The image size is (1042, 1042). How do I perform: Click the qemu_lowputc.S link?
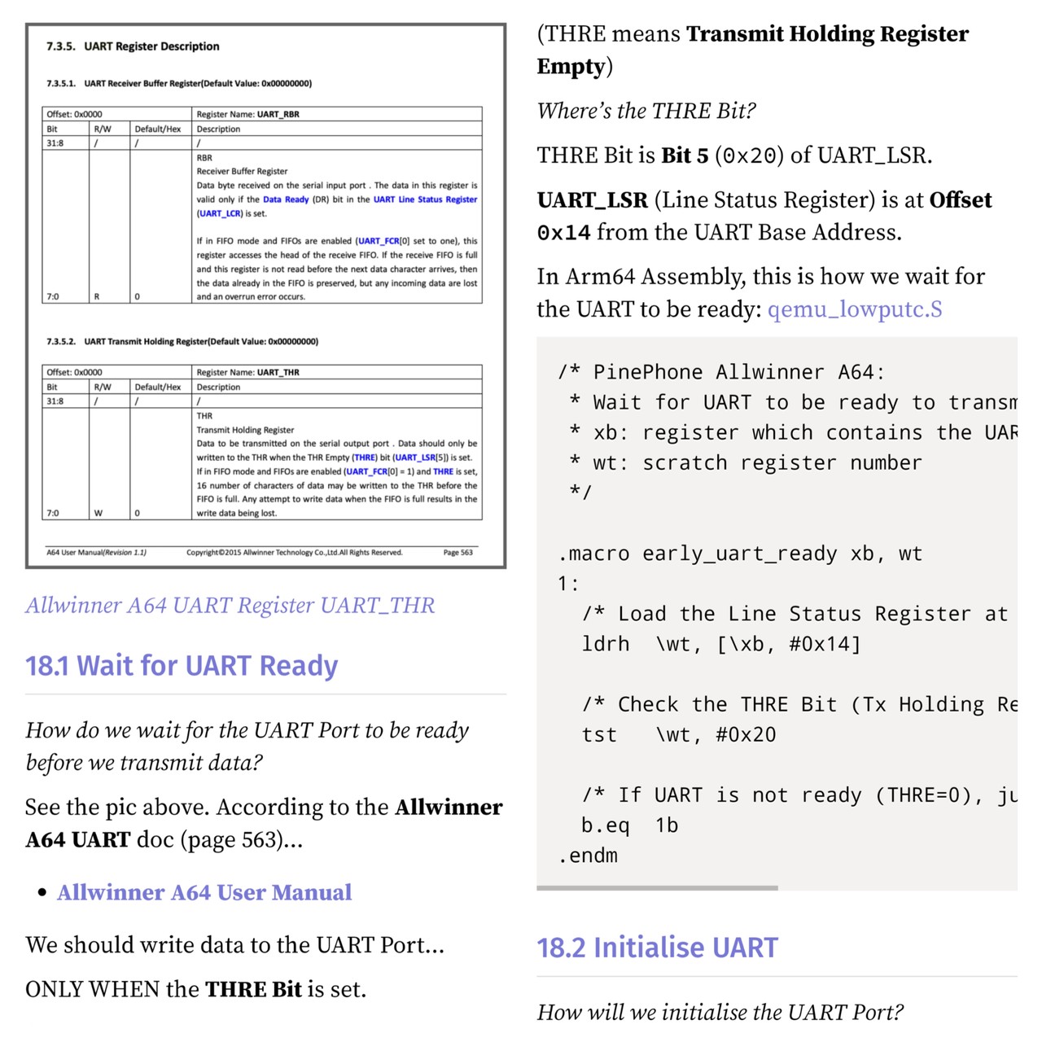[x=855, y=309]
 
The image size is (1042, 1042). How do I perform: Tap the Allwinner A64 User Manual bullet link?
[x=204, y=892]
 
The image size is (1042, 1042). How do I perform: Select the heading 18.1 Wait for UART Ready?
[x=182, y=666]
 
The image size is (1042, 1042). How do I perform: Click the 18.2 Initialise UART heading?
[x=657, y=948]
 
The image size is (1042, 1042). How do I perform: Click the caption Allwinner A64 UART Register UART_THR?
[x=230, y=605]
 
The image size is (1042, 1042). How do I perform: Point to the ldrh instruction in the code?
[x=606, y=644]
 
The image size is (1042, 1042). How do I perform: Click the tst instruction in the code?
[x=599, y=734]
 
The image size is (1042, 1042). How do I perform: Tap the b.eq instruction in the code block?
[x=606, y=825]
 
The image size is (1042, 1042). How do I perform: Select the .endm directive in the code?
[x=588, y=856]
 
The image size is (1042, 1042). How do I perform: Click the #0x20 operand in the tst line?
[x=746, y=734]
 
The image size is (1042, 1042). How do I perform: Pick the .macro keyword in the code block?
[x=594, y=554]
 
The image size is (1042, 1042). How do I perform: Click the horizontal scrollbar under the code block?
[x=657, y=887]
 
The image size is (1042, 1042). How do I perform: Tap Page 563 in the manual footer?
[x=458, y=553]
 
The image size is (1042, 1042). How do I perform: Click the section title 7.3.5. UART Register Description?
[x=133, y=46]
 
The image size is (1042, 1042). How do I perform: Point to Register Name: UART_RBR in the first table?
[x=248, y=115]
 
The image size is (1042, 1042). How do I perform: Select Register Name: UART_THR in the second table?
[x=248, y=373]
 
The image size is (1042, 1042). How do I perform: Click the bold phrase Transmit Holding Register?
[x=827, y=34]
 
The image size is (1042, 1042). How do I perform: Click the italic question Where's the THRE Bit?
[x=646, y=111]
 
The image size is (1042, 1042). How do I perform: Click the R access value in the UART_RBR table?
[x=97, y=297]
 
